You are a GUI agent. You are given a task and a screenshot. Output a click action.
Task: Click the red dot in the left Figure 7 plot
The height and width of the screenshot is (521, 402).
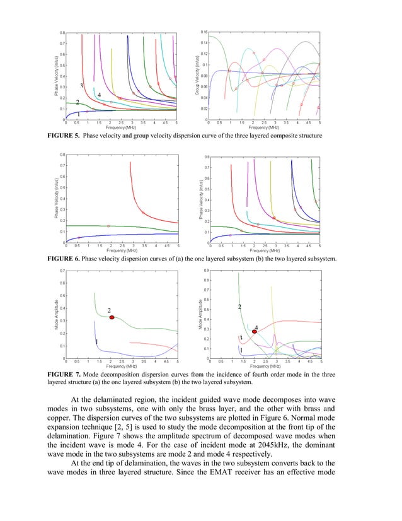pyautogui.click(x=112, y=317)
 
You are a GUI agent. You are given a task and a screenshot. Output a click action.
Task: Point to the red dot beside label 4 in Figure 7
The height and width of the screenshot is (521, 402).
pyautogui.click(x=255, y=331)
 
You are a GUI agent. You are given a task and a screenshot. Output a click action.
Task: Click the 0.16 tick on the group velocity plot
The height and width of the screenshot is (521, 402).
pyautogui.click(x=204, y=32)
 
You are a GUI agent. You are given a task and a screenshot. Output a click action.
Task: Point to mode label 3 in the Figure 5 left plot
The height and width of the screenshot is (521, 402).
pyautogui.click(x=82, y=85)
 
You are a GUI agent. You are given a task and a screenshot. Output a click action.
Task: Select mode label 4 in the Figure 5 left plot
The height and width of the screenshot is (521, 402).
pyautogui.click(x=100, y=95)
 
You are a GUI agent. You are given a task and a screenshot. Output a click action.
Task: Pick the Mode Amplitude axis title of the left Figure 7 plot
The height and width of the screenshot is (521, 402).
pyautogui.click(x=56, y=315)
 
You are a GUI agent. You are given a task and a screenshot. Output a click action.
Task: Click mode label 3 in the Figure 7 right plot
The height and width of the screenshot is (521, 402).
pyautogui.click(x=241, y=338)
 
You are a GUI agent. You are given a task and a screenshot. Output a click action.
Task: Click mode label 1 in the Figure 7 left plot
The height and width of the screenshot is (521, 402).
pyautogui.click(x=96, y=341)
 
